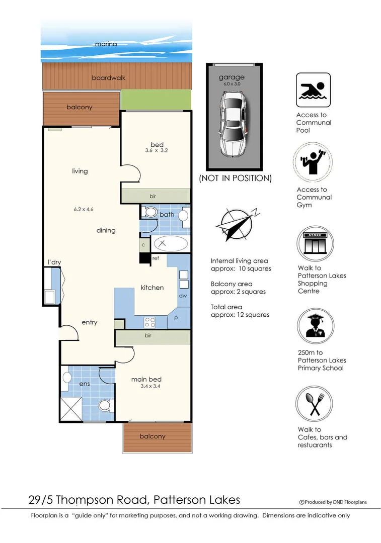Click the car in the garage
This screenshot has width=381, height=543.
(234, 124)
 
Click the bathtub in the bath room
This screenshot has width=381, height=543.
(171, 244)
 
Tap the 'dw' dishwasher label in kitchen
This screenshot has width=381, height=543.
(183, 296)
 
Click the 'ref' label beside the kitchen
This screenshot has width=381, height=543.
(156, 258)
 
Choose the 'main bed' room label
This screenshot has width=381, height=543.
(146, 379)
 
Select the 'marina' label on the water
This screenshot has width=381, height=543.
(106, 44)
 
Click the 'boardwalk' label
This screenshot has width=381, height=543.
(109, 78)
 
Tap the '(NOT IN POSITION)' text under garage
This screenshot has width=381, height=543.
(235, 178)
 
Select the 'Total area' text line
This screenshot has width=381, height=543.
(226, 307)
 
